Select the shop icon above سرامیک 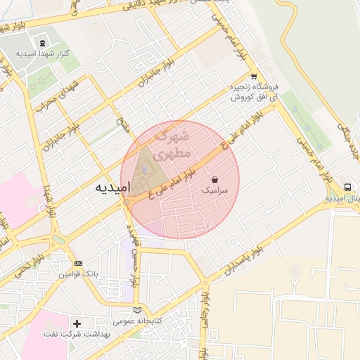[214, 179]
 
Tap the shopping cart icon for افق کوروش [254, 77]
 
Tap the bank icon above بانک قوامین [78, 263]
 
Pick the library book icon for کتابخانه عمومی [137, 310]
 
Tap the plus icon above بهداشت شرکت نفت [77, 324]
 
